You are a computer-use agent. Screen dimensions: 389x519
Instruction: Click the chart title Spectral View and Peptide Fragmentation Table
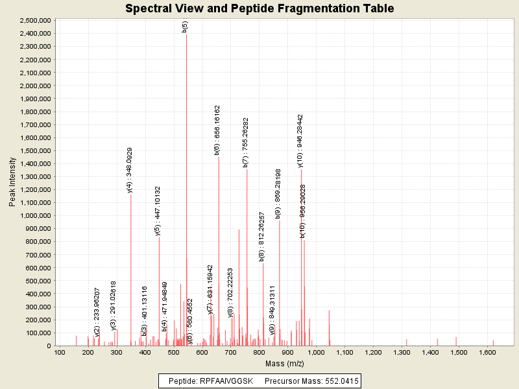259,8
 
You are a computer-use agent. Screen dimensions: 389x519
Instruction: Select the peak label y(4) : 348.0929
130,170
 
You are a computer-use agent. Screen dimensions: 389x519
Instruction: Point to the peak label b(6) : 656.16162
217,130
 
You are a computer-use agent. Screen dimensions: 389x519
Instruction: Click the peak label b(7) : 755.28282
246,142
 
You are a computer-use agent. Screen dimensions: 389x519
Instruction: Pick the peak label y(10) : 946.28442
300,141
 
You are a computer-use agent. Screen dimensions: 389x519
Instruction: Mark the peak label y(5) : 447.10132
158,211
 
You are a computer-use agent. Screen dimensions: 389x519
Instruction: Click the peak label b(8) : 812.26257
262,236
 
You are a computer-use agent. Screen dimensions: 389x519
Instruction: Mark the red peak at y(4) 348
131,272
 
